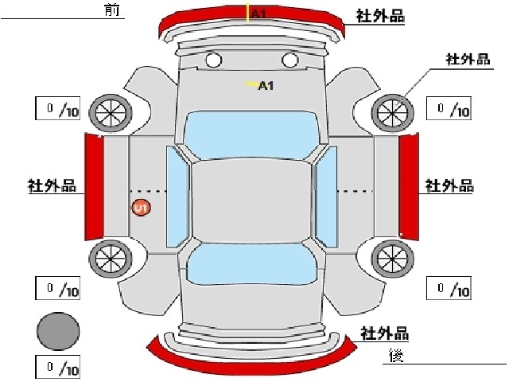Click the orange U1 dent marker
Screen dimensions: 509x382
tap(142, 208)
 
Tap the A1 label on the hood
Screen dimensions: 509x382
tap(266, 86)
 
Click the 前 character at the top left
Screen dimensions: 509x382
tap(112, 10)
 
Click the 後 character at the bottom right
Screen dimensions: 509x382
tap(397, 356)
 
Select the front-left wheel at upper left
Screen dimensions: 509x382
tap(111, 113)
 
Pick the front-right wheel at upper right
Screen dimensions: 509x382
tap(392, 113)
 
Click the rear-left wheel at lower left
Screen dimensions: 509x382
tap(111, 259)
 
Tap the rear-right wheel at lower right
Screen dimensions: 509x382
tap(392, 259)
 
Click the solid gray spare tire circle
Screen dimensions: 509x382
tap(58, 331)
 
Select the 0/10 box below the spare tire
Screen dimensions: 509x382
tap(58, 368)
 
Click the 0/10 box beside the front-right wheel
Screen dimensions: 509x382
tap(449, 108)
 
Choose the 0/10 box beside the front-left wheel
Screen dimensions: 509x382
tap(58, 108)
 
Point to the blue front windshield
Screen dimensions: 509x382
tap(251, 135)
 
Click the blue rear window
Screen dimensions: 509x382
tap(251, 264)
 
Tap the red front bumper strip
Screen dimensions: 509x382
tap(251, 16)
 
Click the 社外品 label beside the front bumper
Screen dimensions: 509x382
tap(380, 16)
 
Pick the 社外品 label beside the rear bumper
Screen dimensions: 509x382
tap(385, 333)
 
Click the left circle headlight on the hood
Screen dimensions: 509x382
tap(214, 60)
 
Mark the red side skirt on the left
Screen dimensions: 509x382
tap(94, 187)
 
